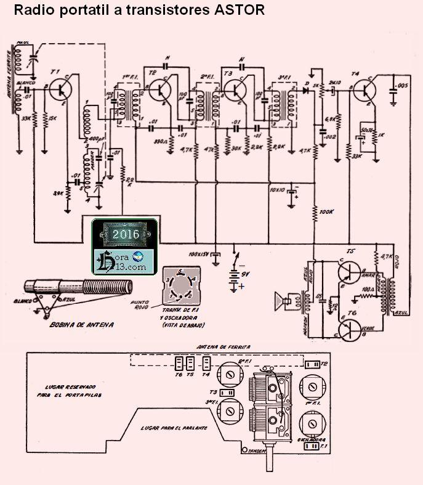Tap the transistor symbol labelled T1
(61, 89)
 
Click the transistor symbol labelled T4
(367, 90)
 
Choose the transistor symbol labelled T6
(348, 327)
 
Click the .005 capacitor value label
(403, 84)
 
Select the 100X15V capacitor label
(198, 253)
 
